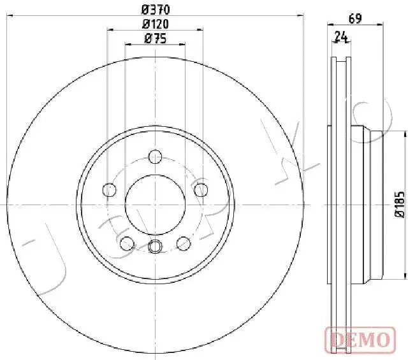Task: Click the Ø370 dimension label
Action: (156, 9)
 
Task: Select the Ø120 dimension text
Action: (156, 24)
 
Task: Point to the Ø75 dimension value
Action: (156, 38)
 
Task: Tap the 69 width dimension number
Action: (355, 18)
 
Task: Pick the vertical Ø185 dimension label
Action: (399, 205)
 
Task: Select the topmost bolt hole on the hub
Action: (155, 156)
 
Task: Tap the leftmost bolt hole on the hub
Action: (110, 189)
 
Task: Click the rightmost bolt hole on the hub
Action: (201, 189)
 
